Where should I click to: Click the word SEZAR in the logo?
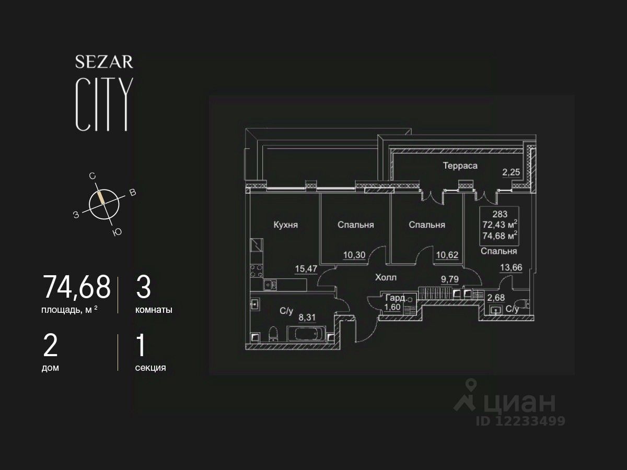click(104, 62)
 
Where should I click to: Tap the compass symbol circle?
click(104, 204)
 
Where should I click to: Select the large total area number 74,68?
click(76, 287)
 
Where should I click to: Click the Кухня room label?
click(285, 225)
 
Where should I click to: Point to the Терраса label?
click(460, 166)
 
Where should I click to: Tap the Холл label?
click(386, 277)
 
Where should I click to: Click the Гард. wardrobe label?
click(395, 298)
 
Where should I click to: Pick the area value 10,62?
click(447, 255)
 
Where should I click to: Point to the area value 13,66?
click(511, 268)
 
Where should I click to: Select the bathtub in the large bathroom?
click(306, 334)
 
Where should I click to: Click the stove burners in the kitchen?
click(257, 271)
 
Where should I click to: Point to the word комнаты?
click(154, 310)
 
